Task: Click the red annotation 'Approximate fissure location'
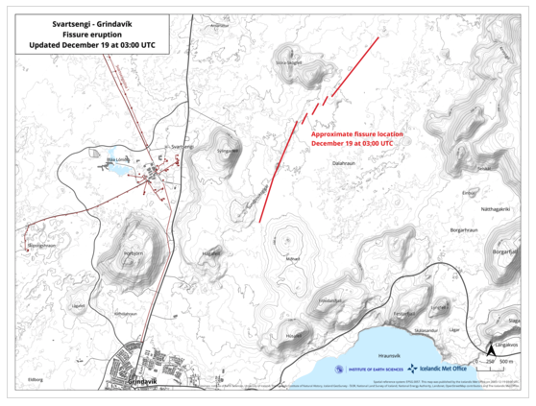[x=353, y=134]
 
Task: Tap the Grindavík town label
[x=141, y=381]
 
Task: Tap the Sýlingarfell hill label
[x=227, y=150]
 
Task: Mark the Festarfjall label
[x=404, y=313]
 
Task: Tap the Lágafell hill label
[x=78, y=306]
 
